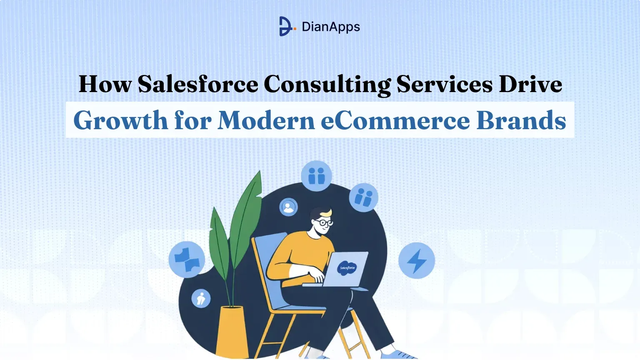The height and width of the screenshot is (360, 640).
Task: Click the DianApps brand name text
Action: click(x=331, y=27)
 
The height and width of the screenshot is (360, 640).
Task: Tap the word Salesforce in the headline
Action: click(x=198, y=84)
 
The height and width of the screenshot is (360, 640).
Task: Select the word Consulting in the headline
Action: click(x=327, y=85)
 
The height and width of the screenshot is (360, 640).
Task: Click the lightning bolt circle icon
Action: click(x=417, y=261)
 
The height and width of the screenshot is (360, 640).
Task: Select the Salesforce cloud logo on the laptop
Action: click(x=347, y=268)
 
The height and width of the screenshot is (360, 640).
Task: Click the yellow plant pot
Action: click(x=233, y=331)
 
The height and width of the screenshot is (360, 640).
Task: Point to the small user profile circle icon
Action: click(x=288, y=207)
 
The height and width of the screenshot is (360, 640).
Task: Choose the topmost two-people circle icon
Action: click(x=316, y=176)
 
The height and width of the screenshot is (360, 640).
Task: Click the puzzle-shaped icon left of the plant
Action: click(x=187, y=259)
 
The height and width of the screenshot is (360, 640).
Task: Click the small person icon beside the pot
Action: click(x=201, y=298)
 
